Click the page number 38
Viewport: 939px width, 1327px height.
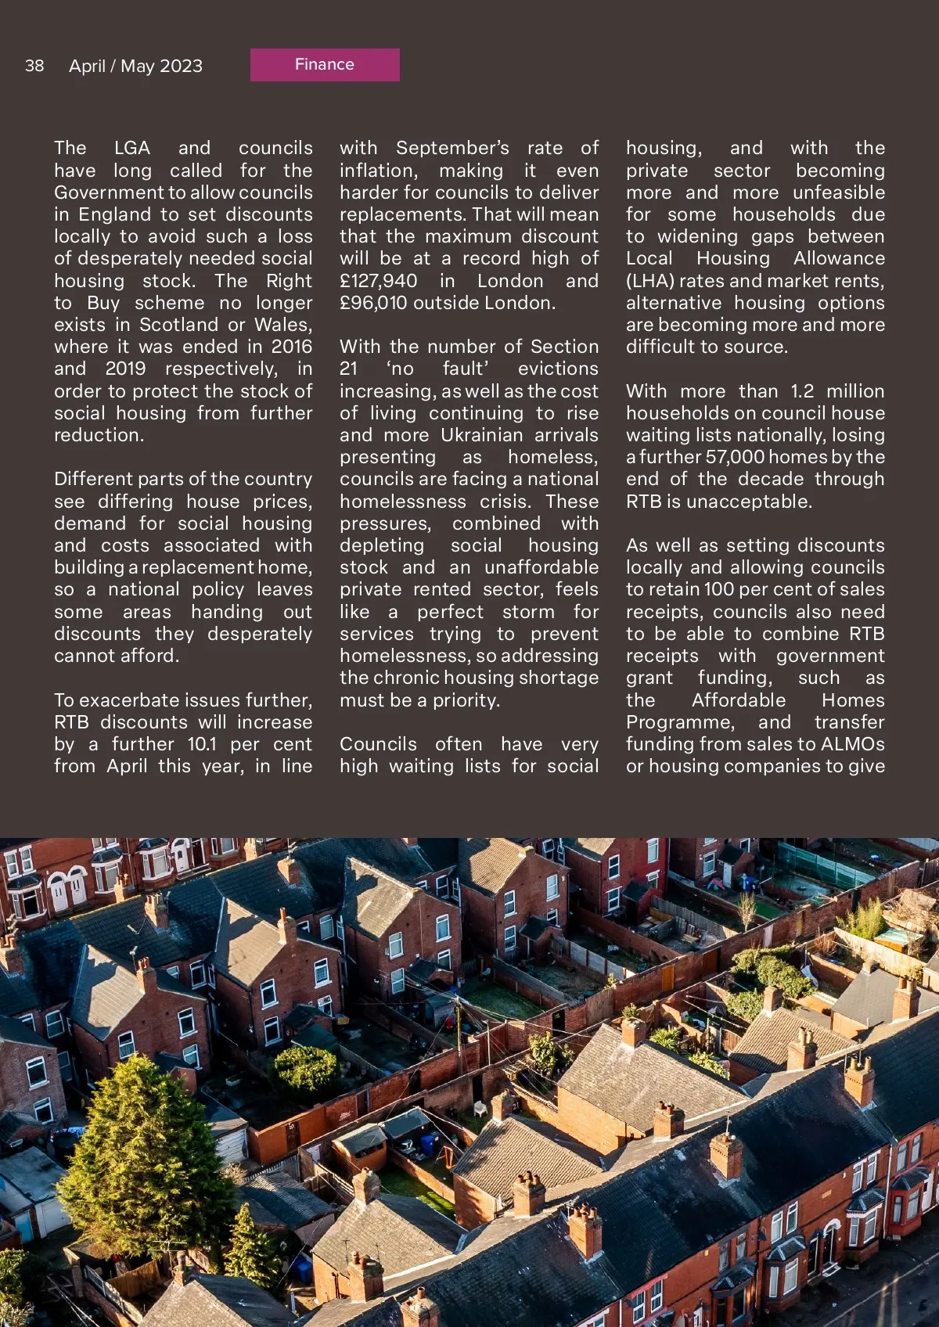(x=34, y=66)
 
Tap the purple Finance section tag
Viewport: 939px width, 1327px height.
(x=325, y=65)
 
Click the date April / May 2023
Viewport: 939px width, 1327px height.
(x=135, y=66)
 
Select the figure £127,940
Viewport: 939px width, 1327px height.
(x=378, y=281)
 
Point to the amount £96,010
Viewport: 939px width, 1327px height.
(x=373, y=303)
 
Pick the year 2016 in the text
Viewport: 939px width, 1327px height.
(x=291, y=347)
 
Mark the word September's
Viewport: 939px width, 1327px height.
(x=452, y=148)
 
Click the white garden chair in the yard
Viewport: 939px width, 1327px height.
(x=480, y=1109)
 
